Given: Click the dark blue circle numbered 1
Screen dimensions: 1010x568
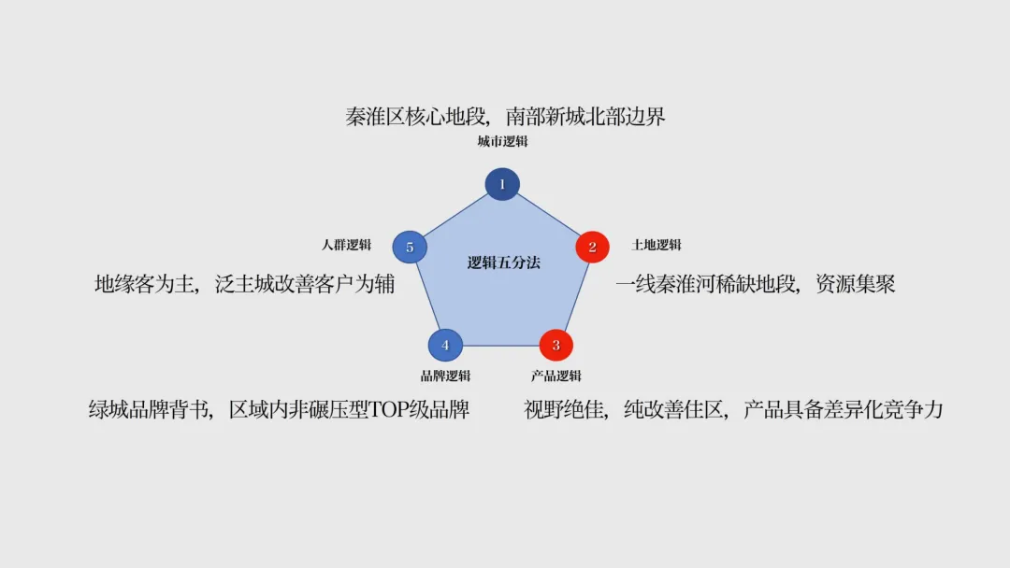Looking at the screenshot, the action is (x=502, y=184).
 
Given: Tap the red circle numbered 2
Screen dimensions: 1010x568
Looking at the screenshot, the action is (x=592, y=248).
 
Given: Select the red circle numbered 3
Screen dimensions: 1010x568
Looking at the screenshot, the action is (x=555, y=345).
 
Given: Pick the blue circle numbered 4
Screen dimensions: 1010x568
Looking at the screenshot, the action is (x=445, y=345).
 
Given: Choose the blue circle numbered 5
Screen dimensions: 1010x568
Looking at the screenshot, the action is (x=410, y=248).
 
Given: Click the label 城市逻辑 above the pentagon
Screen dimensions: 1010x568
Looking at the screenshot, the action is (x=502, y=142).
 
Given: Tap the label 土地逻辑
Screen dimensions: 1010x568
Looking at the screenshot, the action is (x=656, y=245).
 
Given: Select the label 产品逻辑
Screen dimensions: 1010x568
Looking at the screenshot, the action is (x=555, y=376).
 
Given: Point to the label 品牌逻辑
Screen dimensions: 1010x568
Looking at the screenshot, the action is (x=445, y=376).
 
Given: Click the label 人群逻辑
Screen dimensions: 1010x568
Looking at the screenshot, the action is (x=346, y=245).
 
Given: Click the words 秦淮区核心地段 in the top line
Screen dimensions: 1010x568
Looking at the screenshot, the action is (x=416, y=117).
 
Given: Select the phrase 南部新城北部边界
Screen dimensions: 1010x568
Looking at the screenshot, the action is (x=585, y=117).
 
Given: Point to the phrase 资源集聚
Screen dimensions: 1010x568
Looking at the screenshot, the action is (x=855, y=284).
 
